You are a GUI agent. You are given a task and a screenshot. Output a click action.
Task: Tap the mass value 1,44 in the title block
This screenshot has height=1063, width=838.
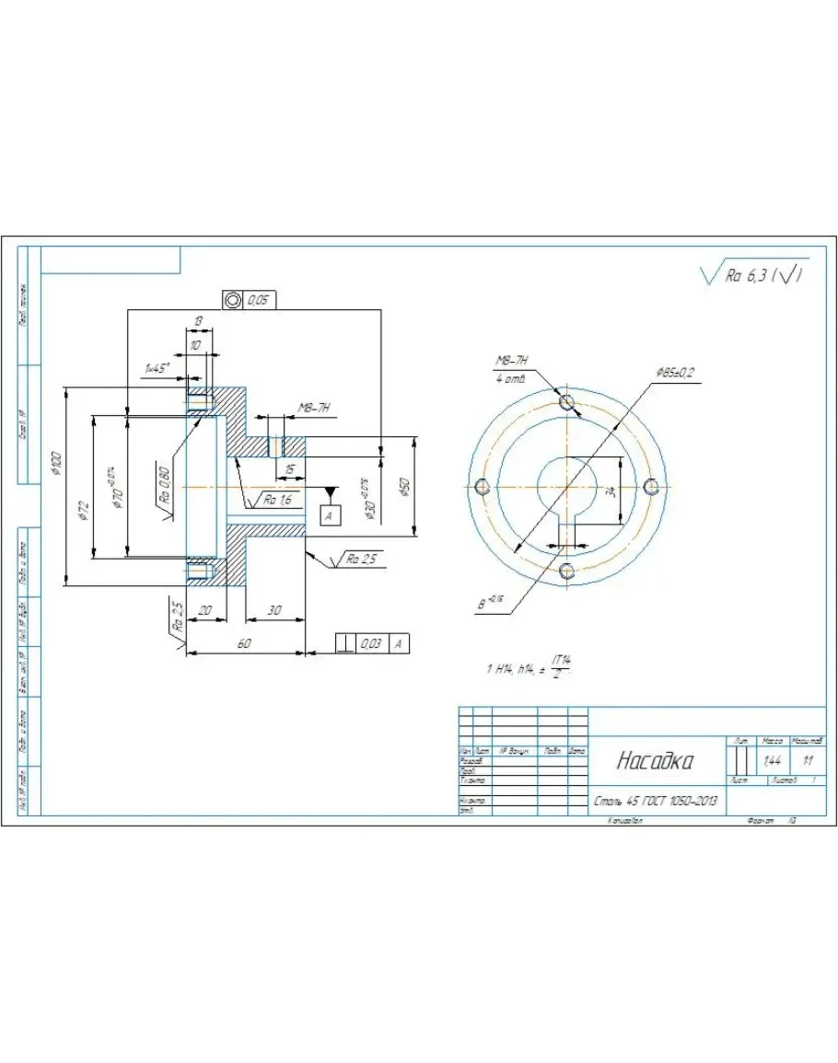[x=772, y=761]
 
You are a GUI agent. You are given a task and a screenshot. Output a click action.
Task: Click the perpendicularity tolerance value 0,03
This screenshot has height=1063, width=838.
[x=371, y=644]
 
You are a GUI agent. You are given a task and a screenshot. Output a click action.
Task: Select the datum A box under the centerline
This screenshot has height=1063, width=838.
[x=330, y=516]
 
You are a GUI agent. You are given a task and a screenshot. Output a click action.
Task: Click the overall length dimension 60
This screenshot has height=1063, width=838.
[x=244, y=644]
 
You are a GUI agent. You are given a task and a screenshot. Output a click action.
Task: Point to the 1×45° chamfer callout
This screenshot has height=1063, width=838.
[x=157, y=369]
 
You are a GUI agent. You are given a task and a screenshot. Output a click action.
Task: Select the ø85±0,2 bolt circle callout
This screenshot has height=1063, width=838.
[x=675, y=372]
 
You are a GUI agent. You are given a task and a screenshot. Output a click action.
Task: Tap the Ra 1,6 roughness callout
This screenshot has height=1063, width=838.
[x=277, y=500]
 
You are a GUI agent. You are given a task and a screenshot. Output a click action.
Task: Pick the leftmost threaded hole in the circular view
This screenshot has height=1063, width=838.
[x=478, y=486]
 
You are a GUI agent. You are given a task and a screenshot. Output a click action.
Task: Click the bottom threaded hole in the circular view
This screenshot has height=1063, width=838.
[x=566, y=572]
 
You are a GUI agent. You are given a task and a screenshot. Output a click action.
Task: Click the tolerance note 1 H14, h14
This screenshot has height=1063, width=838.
[x=516, y=669]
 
